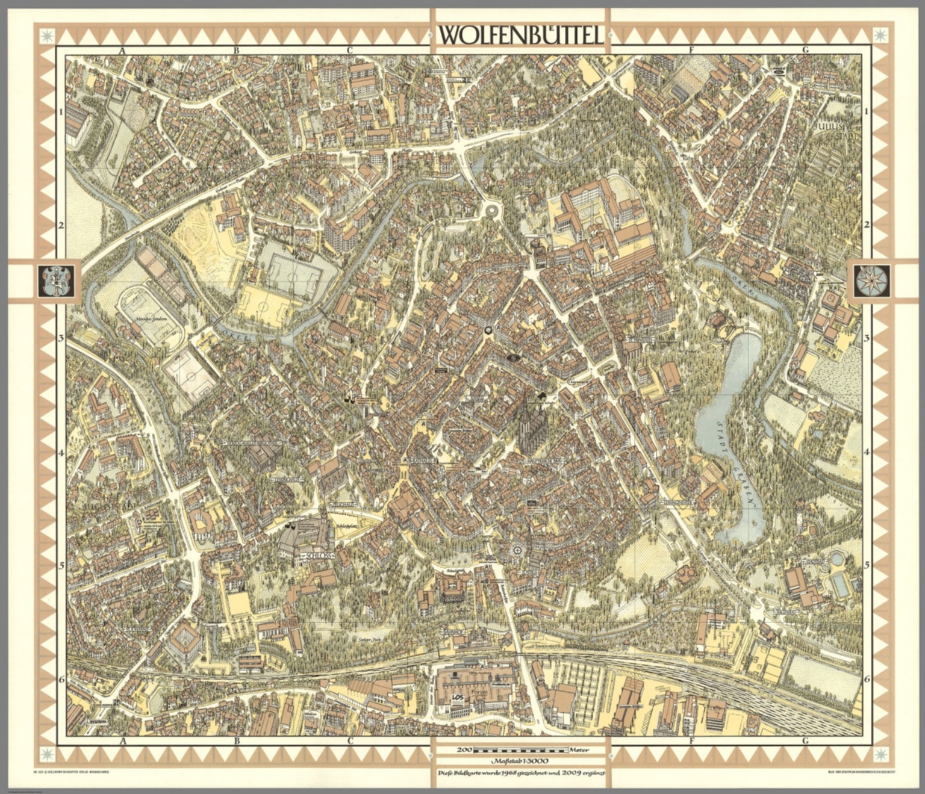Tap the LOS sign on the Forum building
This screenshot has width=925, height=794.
coord(458,699)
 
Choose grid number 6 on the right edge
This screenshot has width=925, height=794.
coord(867,679)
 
